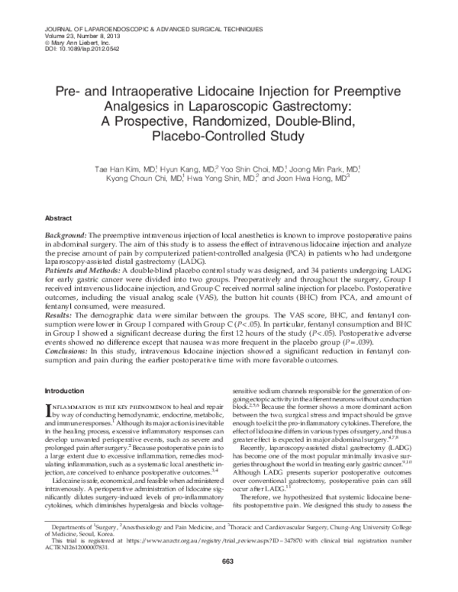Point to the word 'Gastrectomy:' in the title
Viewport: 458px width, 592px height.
(x=313, y=107)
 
